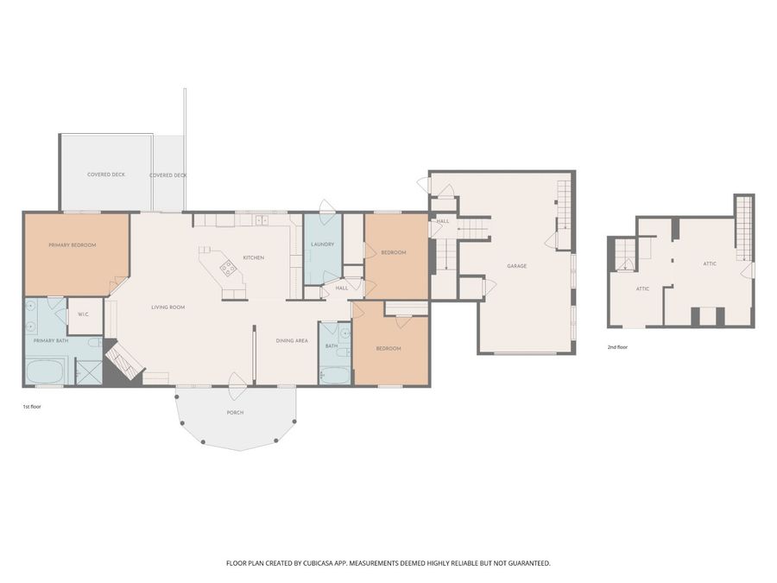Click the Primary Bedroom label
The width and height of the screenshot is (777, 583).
[73, 245]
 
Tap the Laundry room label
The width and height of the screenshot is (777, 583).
[323, 244]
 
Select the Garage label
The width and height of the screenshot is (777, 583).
[517, 266]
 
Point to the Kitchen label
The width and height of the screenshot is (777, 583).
[253, 257]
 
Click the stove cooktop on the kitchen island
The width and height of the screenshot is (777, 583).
[229, 268]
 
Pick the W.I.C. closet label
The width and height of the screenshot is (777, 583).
[83, 314]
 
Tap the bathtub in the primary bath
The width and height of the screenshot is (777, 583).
[45, 371]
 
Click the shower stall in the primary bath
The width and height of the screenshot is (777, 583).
[89, 371]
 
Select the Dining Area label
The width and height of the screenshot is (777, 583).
[292, 340]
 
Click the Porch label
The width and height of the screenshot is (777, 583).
[235, 413]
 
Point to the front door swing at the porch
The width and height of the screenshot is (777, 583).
[238, 385]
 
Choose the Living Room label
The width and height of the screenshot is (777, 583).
[168, 307]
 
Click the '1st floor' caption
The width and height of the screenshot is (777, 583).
[32, 407]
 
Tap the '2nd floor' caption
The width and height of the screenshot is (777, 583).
[617, 347]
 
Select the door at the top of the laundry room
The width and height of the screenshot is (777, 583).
[326, 207]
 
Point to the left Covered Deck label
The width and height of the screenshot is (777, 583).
[106, 174]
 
